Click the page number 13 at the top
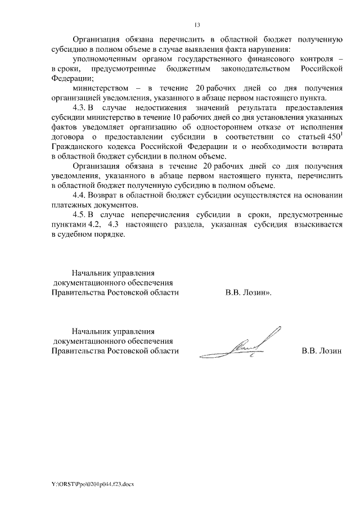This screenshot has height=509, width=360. (x=197, y=25)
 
